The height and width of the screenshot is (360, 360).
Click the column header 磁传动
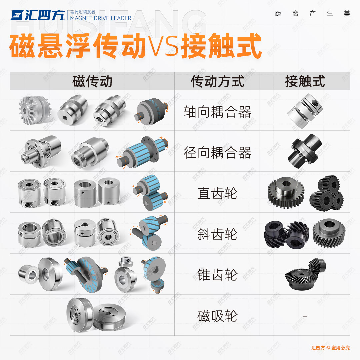click(x=92, y=81)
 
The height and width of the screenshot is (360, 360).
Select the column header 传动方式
click(x=217, y=81)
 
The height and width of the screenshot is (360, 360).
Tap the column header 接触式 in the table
click(x=305, y=81)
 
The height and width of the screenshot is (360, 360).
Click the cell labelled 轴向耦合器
click(x=217, y=112)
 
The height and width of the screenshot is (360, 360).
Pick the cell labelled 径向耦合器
click(x=217, y=153)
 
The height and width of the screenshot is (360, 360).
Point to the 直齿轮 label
click(x=217, y=194)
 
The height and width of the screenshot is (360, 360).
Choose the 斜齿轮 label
click(x=217, y=234)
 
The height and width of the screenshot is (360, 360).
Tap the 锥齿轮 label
click(x=217, y=275)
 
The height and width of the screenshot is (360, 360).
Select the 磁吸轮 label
click(x=217, y=316)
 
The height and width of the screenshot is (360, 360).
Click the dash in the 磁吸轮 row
click(x=305, y=316)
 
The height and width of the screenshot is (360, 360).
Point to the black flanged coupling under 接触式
click(x=305, y=152)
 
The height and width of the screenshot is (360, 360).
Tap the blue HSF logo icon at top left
click(x=17, y=15)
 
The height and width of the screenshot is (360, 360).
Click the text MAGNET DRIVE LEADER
click(x=101, y=18)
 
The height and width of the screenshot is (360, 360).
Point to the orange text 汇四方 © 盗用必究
click(x=330, y=347)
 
